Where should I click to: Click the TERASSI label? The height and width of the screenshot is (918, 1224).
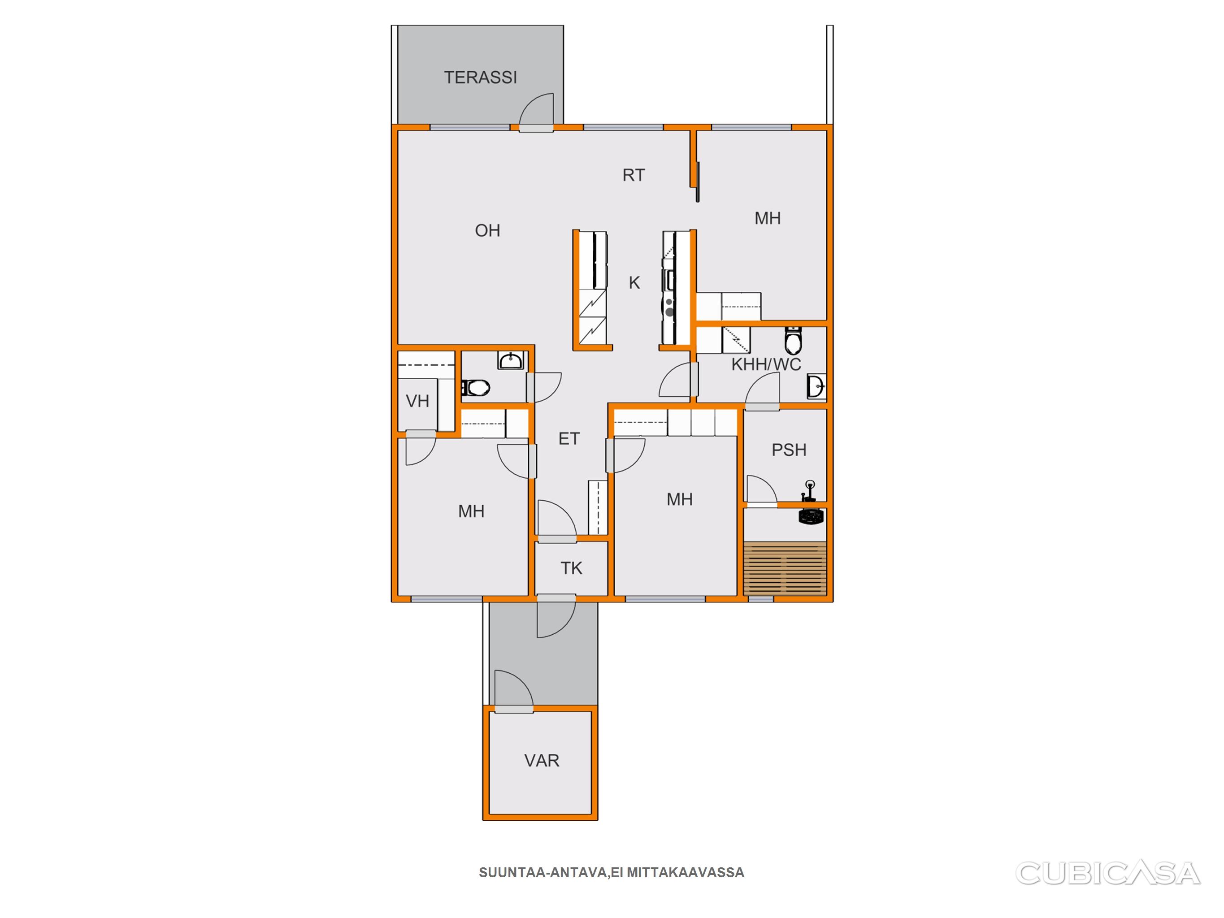tap(480, 78)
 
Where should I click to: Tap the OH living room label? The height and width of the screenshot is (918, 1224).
tap(487, 231)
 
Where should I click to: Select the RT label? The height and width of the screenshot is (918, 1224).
tap(634, 175)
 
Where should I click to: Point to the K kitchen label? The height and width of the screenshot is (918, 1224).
tap(634, 283)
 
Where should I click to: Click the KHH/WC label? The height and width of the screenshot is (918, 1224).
tap(766, 365)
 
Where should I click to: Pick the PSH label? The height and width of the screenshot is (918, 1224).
tap(789, 450)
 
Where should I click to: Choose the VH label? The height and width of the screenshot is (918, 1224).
tap(417, 401)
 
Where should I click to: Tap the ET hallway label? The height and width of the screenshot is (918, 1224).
tap(569, 439)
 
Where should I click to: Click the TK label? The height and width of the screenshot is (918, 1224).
tap(572, 568)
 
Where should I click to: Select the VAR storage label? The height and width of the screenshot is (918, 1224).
tap(542, 761)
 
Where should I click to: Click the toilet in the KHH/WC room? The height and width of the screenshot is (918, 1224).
tap(793, 340)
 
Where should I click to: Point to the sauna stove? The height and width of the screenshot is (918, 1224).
tap(811, 516)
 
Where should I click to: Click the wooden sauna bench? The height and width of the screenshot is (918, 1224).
tap(785, 569)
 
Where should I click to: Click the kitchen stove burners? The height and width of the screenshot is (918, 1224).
tap(669, 307)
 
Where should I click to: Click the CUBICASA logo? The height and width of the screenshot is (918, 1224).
tap(1108, 874)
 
